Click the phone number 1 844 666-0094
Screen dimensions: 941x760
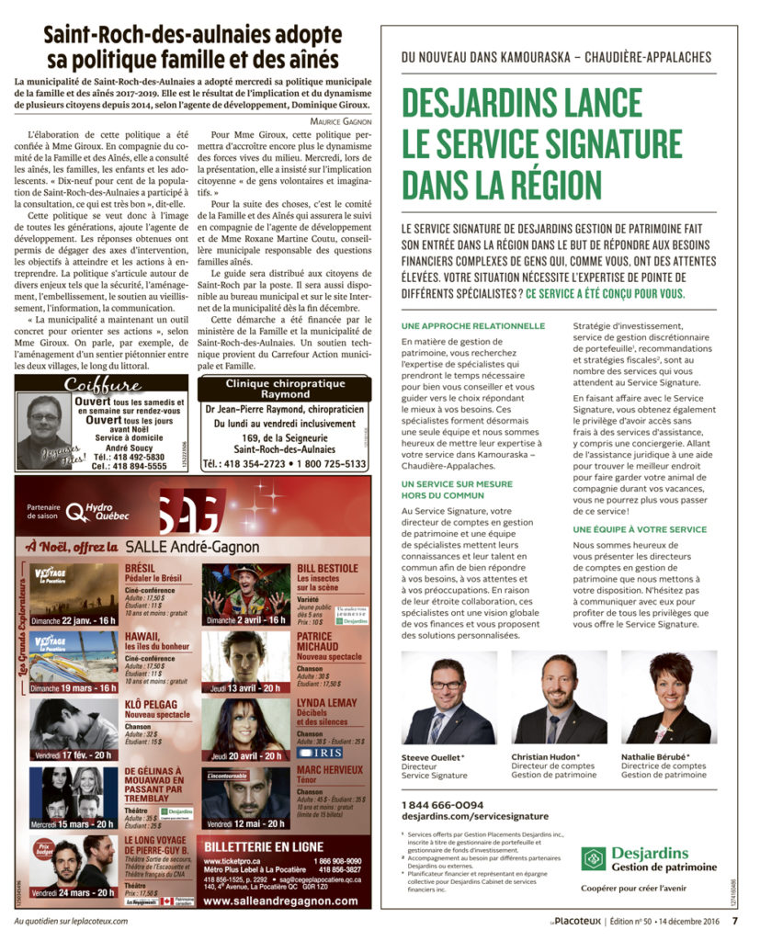pos(443,805)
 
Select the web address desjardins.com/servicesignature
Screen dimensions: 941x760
pos(475,816)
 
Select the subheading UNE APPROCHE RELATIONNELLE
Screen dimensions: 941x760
pos(473,326)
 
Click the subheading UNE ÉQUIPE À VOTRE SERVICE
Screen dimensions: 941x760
pos(640,529)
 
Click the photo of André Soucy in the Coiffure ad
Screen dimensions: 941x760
pos(42,428)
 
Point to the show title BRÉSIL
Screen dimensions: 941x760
pos(141,568)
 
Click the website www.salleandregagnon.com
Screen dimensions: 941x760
pos(280,901)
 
